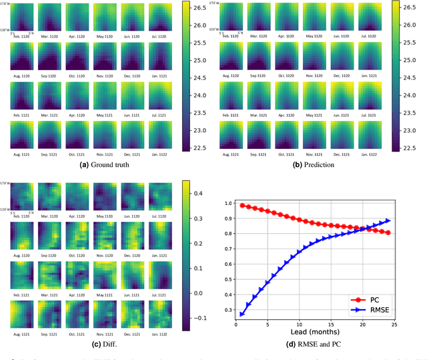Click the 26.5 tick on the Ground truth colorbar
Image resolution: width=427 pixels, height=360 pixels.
[x=189, y=9]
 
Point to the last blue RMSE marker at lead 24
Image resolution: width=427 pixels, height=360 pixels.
[x=388, y=220]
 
